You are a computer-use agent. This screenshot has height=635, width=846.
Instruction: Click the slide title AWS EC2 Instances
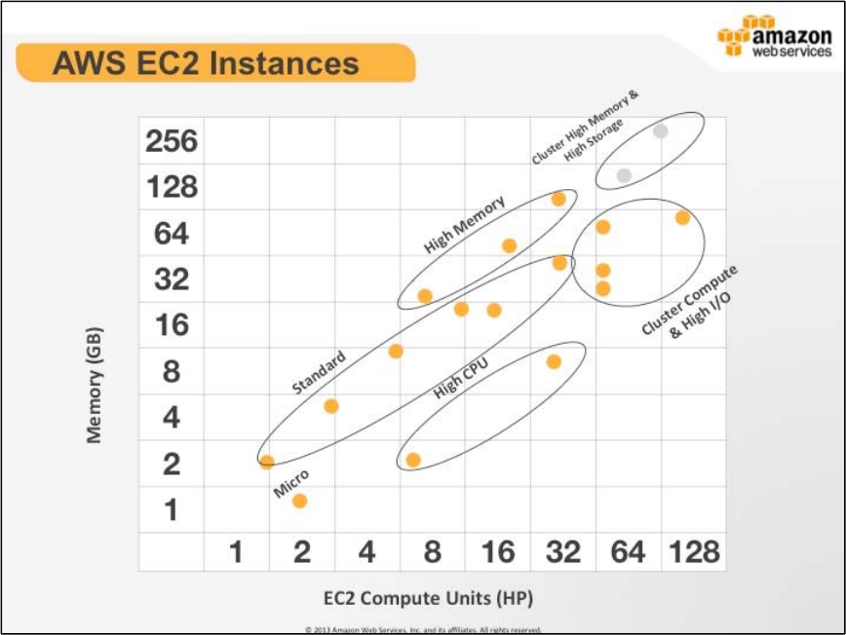(206, 63)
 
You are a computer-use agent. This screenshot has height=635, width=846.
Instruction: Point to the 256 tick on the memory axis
(171, 142)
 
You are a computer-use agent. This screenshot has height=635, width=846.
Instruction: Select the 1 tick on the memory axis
(171, 509)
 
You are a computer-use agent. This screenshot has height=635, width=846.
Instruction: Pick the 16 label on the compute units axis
(497, 553)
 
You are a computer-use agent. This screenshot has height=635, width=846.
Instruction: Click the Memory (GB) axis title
(95, 384)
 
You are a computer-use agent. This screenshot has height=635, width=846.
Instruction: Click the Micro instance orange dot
(299, 501)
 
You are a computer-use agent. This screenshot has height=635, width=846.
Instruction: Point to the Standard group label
(319, 373)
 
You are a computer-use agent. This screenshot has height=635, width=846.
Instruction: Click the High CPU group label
(460, 379)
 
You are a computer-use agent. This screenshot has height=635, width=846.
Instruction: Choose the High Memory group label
(465, 225)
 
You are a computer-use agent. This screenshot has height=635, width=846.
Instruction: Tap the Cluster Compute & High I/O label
(691, 303)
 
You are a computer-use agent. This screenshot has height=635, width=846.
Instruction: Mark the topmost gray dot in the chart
(660, 131)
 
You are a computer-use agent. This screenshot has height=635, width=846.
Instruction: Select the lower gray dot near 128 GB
(624, 175)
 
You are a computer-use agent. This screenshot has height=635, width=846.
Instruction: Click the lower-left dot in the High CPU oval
(412, 460)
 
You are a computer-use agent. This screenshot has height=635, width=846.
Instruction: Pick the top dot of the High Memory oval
(558, 199)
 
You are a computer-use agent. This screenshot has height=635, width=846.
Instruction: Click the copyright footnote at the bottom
(423, 629)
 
